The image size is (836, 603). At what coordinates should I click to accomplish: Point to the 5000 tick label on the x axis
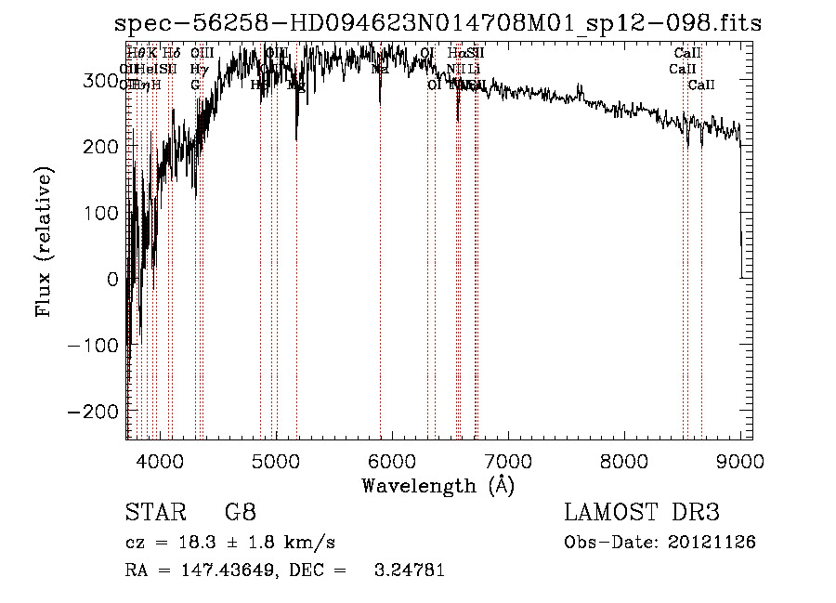point(275,460)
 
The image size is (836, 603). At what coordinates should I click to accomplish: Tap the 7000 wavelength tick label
point(508,460)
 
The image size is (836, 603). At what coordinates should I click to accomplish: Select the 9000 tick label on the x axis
point(740,460)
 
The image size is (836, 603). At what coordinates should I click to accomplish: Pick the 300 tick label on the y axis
point(100,81)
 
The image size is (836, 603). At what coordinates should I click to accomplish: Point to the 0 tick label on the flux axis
point(113,279)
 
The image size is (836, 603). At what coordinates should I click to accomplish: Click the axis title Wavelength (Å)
point(438,485)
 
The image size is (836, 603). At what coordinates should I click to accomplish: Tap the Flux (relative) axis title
point(45,241)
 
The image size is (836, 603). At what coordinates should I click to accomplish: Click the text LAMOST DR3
point(642,513)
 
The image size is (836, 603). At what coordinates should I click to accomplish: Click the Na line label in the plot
point(380,69)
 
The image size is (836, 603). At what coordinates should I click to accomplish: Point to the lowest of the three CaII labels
point(701,85)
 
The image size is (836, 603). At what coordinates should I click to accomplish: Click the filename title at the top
point(438,24)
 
